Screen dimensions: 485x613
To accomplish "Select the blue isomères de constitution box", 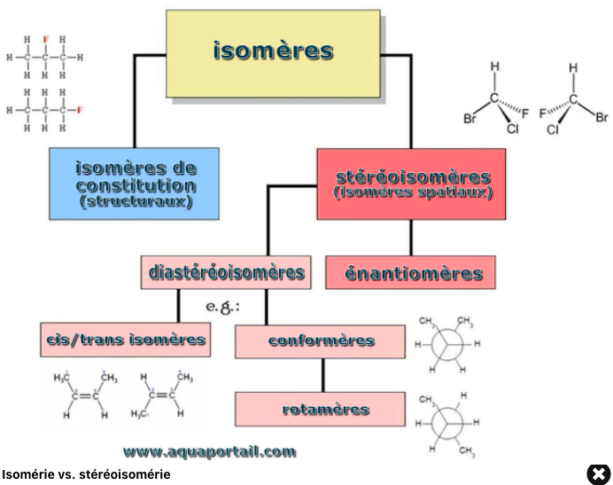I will [135, 183].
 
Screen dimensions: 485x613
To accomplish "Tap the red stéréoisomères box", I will [412, 184].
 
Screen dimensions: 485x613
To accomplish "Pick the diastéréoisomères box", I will [225, 272].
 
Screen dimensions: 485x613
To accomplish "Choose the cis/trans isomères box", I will [125, 340].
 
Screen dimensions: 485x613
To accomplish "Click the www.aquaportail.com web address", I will [209, 451].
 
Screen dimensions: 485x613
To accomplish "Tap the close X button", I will [599, 474].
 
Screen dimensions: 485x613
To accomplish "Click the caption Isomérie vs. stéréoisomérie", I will [86, 475].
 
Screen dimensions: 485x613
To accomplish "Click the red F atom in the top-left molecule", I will [45, 40].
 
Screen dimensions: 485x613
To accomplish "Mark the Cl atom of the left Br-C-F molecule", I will [513, 129].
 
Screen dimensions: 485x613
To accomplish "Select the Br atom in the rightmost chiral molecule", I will [601, 116].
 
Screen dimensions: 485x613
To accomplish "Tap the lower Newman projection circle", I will [450, 422].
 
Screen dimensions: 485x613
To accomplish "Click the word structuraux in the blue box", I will [135, 201].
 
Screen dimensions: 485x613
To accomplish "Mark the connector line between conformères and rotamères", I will [322, 375].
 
